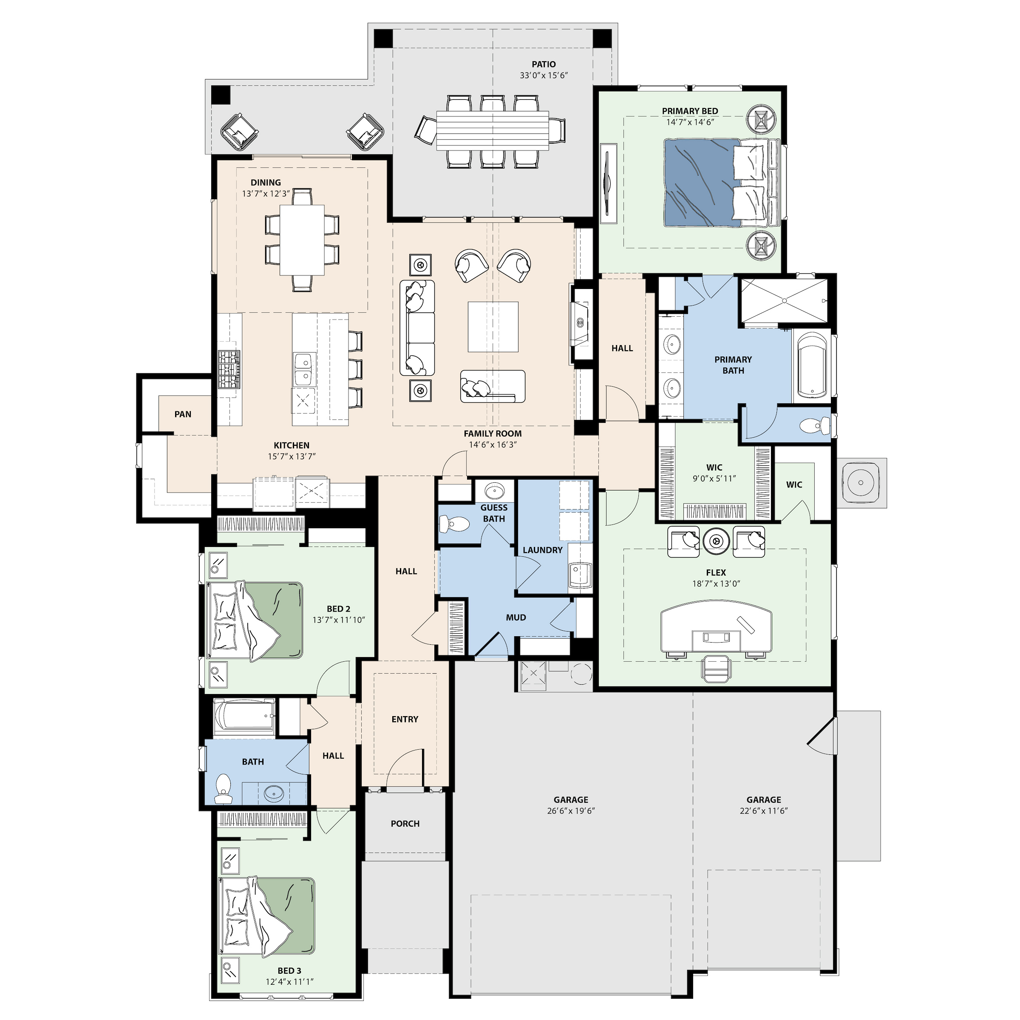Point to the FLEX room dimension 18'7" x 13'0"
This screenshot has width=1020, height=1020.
coord(716,584)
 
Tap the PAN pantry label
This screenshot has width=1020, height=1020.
coord(183,414)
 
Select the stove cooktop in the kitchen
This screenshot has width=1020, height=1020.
coord(229,370)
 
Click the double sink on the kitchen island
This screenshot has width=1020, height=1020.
coord(303,370)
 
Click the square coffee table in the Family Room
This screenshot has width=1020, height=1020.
coord(493,327)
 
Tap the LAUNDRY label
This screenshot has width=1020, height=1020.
coord(543,550)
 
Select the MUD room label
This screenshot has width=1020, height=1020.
coord(516,618)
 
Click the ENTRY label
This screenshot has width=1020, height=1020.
coord(405,720)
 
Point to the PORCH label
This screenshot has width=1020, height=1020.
coord(405,824)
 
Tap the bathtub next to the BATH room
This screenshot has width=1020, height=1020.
coord(244,717)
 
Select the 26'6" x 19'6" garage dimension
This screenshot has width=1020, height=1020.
coord(571,811)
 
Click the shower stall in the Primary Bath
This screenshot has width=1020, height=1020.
coord(784,300)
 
